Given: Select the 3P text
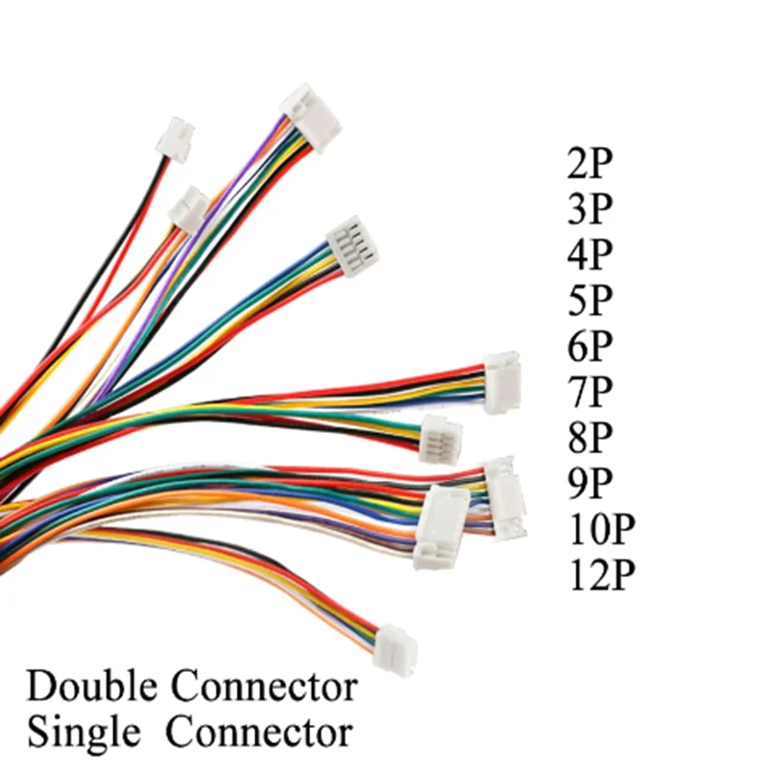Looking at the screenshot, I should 589,208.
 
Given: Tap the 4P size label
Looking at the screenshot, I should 589,254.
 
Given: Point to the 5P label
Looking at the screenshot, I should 589,300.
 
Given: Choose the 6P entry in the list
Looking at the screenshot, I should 589,346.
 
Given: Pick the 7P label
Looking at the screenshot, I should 589,391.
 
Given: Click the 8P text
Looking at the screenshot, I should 589,437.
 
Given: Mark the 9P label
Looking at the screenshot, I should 589,482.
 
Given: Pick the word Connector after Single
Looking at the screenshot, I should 259,732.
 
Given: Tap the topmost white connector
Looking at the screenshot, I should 310,115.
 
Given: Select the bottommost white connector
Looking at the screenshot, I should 396,641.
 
